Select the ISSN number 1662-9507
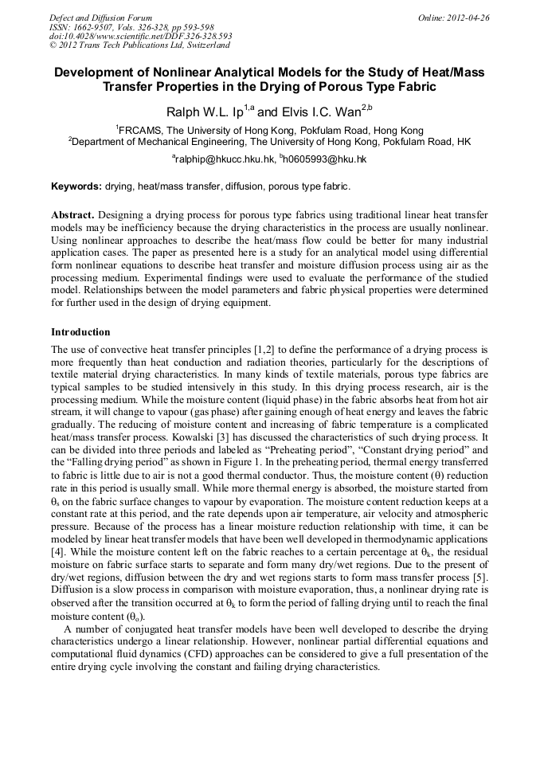click(x=102, y=27)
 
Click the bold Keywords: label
click(x=76, y=186)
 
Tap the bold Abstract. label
click(x=73, y=216)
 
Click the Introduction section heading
click(x=80, y=331)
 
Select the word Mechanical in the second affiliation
click(x=171, y=142)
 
